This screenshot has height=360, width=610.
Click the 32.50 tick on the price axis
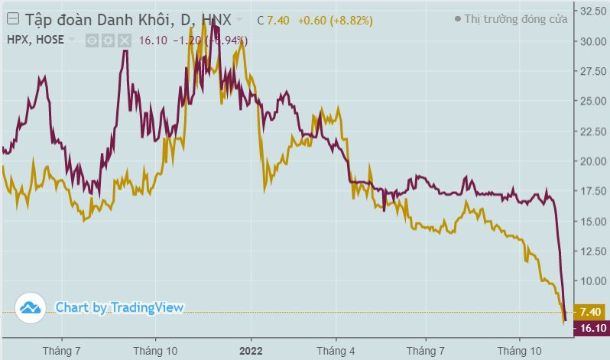tap(592, 11)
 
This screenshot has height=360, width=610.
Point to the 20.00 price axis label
tap(592, 161)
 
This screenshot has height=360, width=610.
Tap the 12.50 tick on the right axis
tap(592, 251)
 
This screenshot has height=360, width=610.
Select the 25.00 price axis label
tap(592, 101)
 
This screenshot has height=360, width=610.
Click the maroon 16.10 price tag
tap(593, 328)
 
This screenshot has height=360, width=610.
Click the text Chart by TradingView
tap(119, 307)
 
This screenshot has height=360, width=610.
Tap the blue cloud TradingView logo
tap(30, 307)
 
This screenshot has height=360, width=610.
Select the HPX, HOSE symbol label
tap(35, 39)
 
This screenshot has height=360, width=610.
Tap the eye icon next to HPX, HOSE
tap(92, 40)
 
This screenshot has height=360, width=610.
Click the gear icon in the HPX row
tap(108, 40)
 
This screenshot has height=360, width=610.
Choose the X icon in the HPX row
tap(124, 40)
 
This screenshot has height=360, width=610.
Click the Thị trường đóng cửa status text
tap(515, 19)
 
